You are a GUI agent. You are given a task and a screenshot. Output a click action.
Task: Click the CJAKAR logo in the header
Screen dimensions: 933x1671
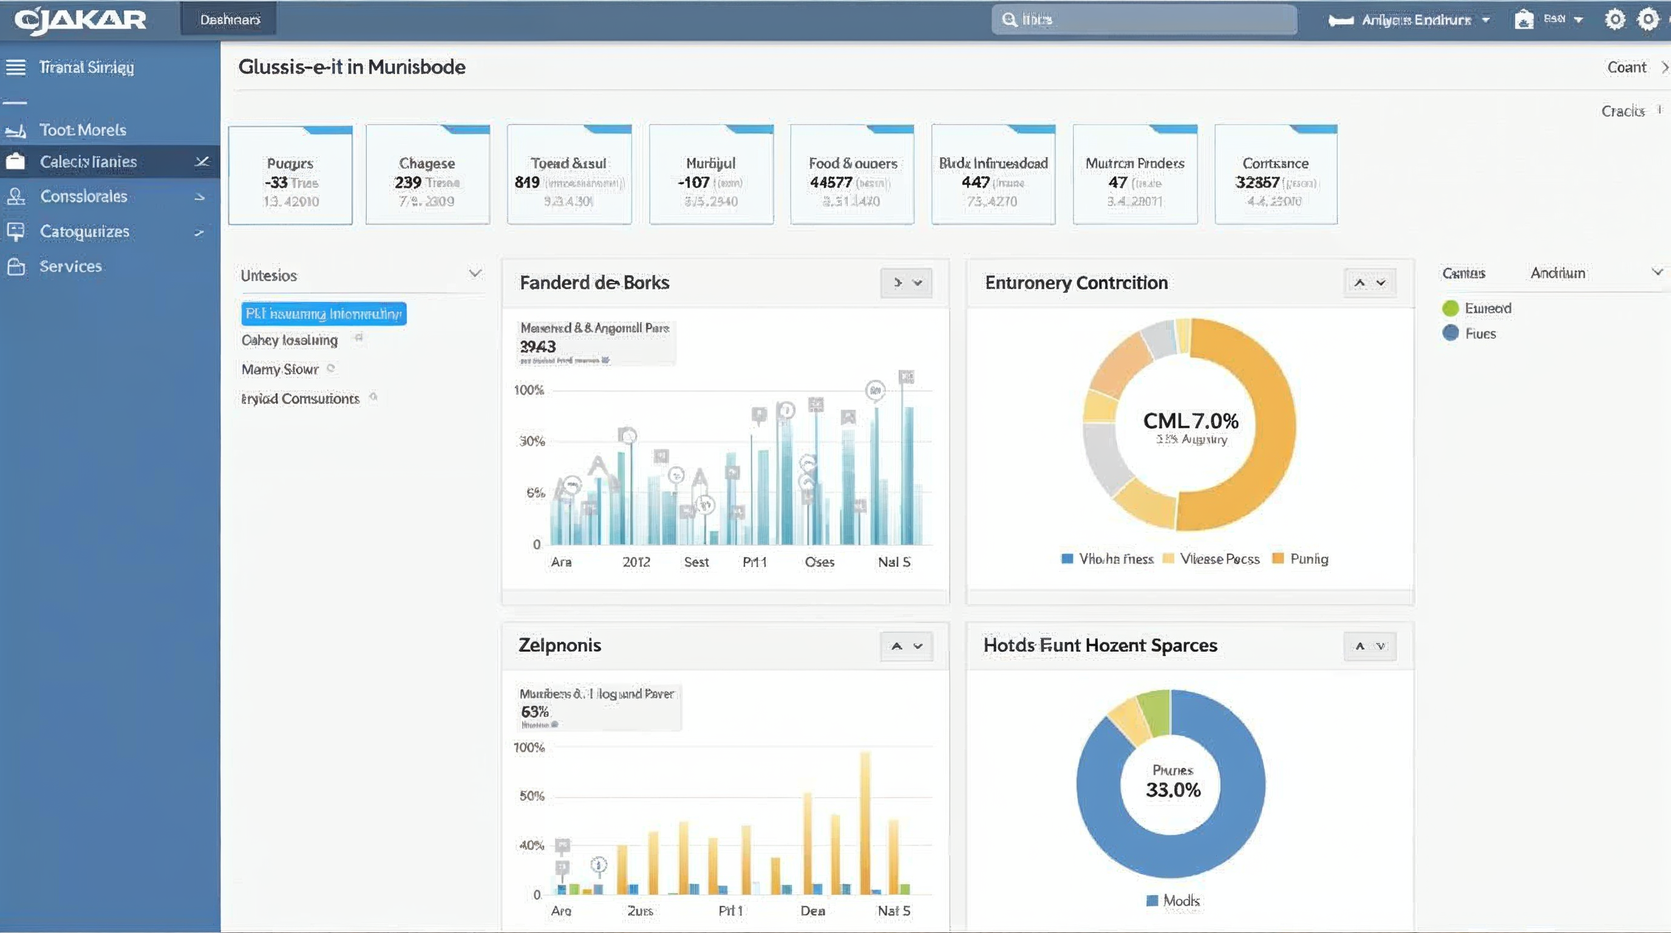pos(80,19)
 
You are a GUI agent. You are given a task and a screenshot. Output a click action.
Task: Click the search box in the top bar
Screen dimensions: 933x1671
pos(1145,19)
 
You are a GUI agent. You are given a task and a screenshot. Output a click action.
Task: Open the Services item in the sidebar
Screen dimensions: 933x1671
pos(70,266)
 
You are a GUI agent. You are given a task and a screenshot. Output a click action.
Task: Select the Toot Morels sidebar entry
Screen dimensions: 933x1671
pos(83,130)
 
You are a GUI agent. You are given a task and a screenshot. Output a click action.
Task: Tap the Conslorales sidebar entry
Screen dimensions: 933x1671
pos(83,196)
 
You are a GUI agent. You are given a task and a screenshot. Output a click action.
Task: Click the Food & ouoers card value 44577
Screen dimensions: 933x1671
pos(830,182)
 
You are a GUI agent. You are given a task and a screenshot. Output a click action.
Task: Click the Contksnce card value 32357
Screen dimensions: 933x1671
pos(1257,182)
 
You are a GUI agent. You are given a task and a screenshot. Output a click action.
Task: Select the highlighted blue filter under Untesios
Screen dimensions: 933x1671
pos(324,314)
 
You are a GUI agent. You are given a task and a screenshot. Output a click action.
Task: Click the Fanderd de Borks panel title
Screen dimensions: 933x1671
pos(594,282)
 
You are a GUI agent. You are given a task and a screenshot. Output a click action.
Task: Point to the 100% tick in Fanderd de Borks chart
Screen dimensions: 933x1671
pos(529,390)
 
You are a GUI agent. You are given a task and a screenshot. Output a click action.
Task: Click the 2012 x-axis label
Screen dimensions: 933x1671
pos(636,562)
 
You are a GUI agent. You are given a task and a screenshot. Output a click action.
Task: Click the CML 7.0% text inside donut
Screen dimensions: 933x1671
pos(1190,421)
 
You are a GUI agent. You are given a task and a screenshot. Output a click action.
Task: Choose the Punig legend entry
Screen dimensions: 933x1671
pos(1309,559)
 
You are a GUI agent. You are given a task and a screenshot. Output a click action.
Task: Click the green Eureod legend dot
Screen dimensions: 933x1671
pos(1451,308)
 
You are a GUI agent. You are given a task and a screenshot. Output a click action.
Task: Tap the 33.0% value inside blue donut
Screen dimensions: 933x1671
pos(1173,790)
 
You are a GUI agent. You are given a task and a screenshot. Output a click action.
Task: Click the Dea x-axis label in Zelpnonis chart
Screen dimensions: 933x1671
pos(812,911)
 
